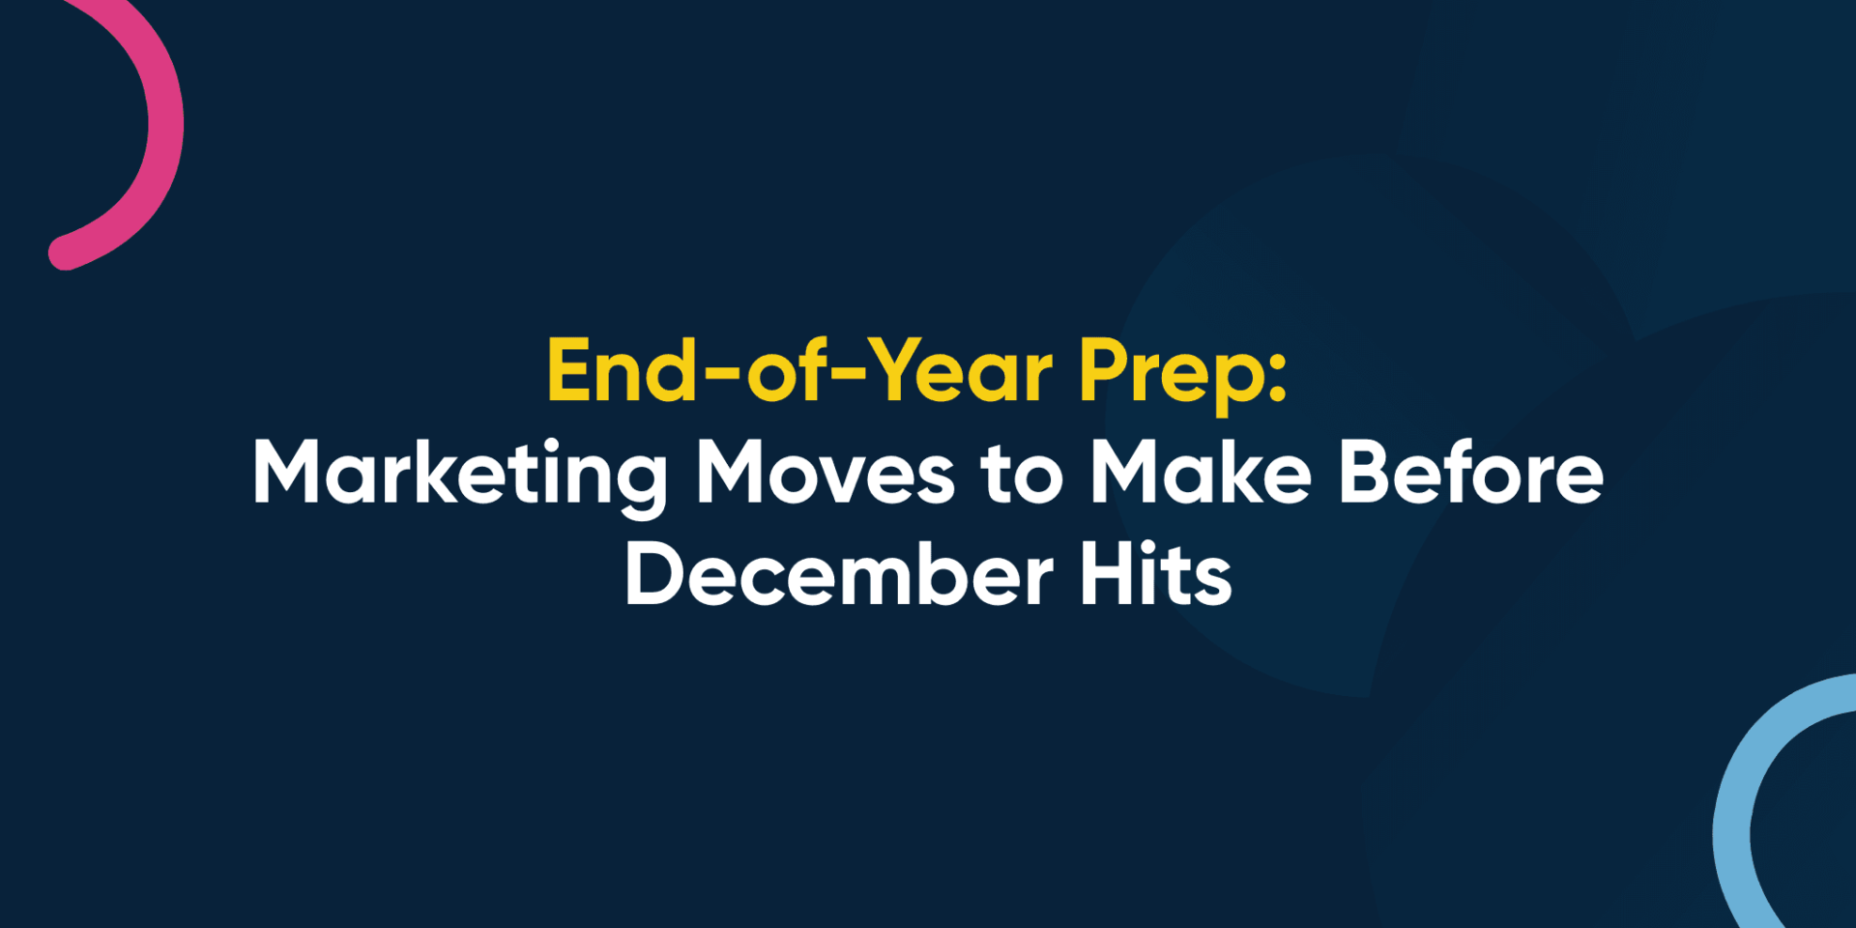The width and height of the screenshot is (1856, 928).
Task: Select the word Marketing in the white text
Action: tap(460, 474)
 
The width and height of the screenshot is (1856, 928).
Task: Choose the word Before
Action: tap(1471, 474)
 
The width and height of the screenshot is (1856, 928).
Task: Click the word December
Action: tap(838, 576)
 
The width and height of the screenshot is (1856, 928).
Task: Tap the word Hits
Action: tap(1156, 576)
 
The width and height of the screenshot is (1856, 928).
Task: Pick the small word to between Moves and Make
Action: tap(1022, 476)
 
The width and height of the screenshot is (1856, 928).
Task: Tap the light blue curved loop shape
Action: tap(1740, 793)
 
